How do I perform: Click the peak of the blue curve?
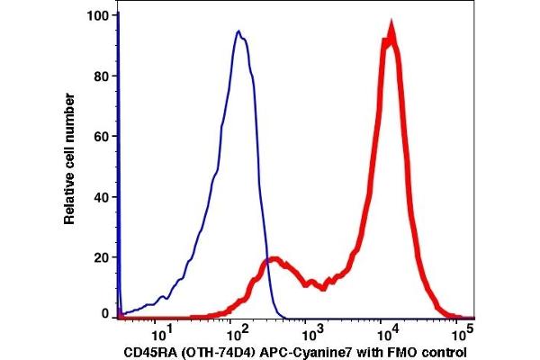click(238, 32)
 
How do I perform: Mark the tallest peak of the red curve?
click(390, 33)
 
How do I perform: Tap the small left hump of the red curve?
click(275, 262)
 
